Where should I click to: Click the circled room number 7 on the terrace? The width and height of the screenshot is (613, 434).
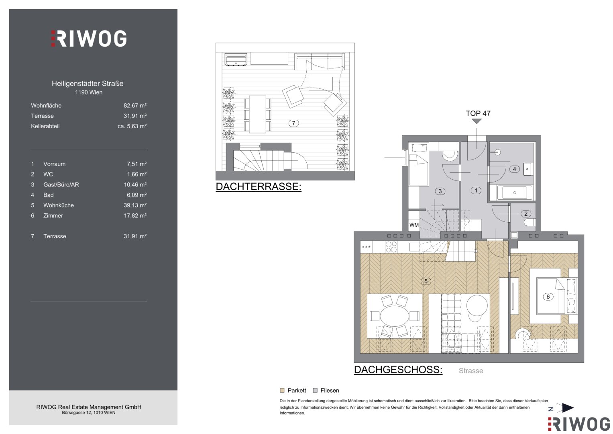pos(293,123)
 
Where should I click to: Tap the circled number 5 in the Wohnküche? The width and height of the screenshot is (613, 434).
pos(426,281)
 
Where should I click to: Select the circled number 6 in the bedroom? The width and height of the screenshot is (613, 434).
pos(548,297)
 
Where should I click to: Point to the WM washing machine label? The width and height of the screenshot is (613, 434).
pos(414,225)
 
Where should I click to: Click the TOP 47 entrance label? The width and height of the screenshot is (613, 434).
pos(478,113)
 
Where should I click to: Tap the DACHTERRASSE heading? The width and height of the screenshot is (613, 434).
pos(259,186)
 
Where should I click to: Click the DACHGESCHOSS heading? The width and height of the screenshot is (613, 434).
pos(398,370)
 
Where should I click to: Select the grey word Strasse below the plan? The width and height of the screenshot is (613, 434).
pos(471,371)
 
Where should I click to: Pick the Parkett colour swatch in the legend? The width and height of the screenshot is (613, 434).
pos(282,391)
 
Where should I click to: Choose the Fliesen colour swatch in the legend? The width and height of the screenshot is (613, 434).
pos(315,391)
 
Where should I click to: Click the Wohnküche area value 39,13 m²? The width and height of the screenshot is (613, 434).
pos(135,205)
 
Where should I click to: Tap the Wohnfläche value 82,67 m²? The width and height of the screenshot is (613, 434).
pos(135,105)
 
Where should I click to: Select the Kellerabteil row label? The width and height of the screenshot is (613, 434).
pos(45,126)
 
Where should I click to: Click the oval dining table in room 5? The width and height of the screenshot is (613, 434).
pos(394,316)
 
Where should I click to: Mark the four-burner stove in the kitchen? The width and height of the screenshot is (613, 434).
pos(391,247)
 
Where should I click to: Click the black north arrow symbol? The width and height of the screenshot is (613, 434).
pos(567,408)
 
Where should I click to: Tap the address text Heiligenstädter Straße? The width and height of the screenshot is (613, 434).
pos(88,84)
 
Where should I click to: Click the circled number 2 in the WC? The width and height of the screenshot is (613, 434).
pos(526,214)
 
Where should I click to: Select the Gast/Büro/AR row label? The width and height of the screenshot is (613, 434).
pos(61,185)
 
